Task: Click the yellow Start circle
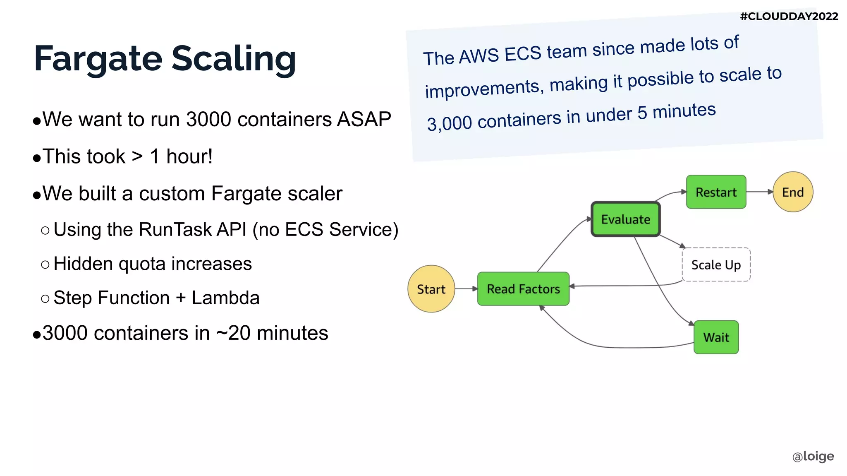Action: point(431,289)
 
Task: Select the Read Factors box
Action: point(523,289)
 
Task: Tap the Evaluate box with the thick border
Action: point(625,219)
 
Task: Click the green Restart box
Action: point(716,192)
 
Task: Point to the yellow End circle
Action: point(793,192)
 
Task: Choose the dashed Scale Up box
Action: point(716,265)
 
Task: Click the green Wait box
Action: point(716,337)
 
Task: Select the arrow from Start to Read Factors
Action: point(467,288)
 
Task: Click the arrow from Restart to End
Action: point(760,192)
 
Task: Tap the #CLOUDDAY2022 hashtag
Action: point(789,17)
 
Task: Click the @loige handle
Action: point(813,456)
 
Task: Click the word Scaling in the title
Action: point(234,59)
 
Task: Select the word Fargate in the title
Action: point(98,59)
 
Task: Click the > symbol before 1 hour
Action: point(137,156)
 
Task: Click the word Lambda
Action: point(225,298)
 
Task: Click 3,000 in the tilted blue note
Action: point(449,123)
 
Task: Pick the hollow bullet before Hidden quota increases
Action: point(45,264)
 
